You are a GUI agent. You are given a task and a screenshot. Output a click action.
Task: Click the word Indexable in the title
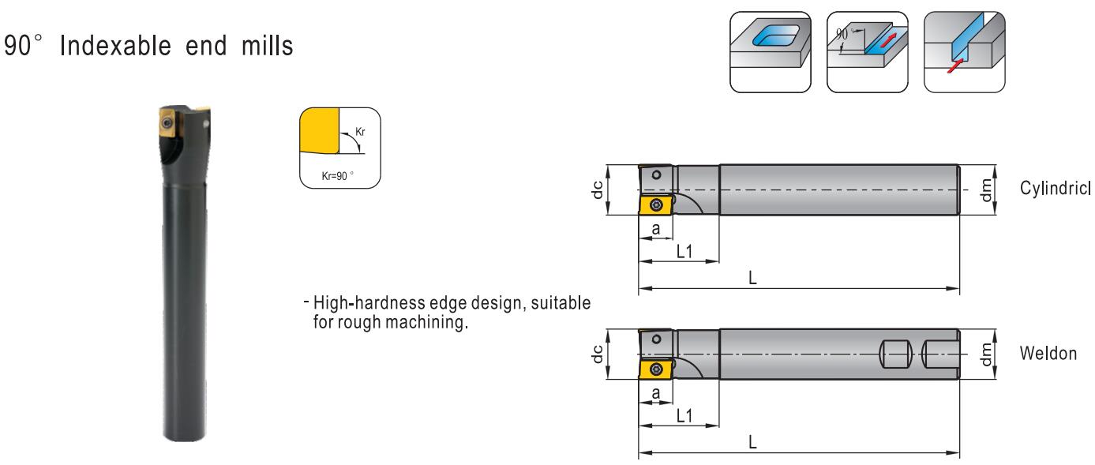(x=115, y=46)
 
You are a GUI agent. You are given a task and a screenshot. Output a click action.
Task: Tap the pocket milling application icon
(x=771, y=52)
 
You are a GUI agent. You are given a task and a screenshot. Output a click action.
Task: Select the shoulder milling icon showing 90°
(x=867, y=52)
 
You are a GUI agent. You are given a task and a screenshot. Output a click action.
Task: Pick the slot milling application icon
(x=965, y=52)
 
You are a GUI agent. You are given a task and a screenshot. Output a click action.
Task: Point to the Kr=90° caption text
(x=337, y=176)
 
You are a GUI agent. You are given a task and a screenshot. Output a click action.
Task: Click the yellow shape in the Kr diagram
(x=319, y=130)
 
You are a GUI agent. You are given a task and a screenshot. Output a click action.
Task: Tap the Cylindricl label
(x=1055, y=188)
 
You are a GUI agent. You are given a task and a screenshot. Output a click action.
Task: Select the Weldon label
(x=1048, y=353)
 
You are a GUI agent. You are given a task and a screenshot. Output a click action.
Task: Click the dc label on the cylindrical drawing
(x=597, y=189)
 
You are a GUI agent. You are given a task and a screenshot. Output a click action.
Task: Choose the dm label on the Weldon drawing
(x=987, y=354)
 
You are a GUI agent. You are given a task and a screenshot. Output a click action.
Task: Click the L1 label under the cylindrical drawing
(x=684, y=251)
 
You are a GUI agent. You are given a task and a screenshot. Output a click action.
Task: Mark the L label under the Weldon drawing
(x=753, y=443)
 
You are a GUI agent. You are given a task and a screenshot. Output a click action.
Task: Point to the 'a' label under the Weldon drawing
(x=656, y=393)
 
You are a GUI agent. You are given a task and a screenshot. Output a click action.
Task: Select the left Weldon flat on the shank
(x=895, y=354)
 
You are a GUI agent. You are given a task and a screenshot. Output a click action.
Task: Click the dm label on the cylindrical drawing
(x=987, y=189)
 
